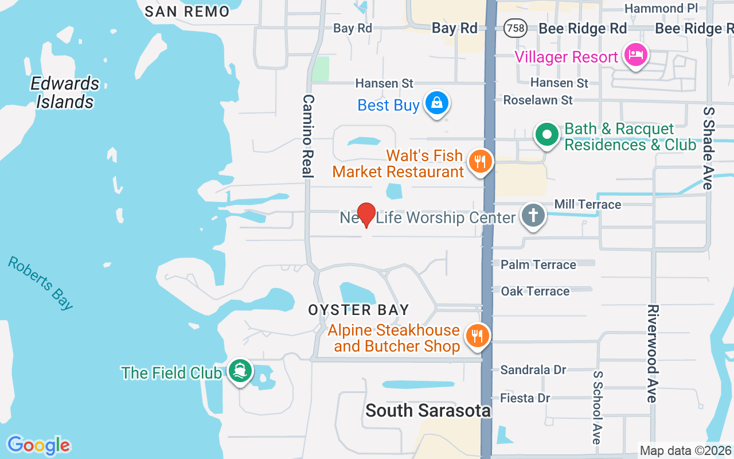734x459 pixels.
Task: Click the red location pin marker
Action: [x=366, y=215]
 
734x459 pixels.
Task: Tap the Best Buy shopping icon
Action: [x=437, y=103]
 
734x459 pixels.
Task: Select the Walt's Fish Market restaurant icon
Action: [x=481, y=162]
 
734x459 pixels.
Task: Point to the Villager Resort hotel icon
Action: [x=637, y=56]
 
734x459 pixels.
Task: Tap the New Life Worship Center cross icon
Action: [x=533, y=216]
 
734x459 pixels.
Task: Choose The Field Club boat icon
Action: [x=240, y=371]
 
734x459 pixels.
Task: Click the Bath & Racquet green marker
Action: [x=547, y=135]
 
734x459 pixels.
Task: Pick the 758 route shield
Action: [x=516, y=28]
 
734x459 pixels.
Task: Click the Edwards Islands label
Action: [x=65, y=92]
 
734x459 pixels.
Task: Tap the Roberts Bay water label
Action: [x=40, y=283]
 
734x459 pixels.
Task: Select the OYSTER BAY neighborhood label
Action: [x=359, y=310]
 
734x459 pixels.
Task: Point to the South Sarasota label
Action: [x=428, y=410]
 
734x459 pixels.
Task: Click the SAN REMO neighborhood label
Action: [x=187, y=11]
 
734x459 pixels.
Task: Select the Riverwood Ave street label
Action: [x=652, y=353]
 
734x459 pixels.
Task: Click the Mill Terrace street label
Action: [x=587, y=204]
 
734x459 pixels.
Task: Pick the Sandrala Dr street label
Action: [x=533, y=370]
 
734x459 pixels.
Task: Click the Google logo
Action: [x=38, y=445]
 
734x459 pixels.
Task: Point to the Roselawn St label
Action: [x=538, y=100]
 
